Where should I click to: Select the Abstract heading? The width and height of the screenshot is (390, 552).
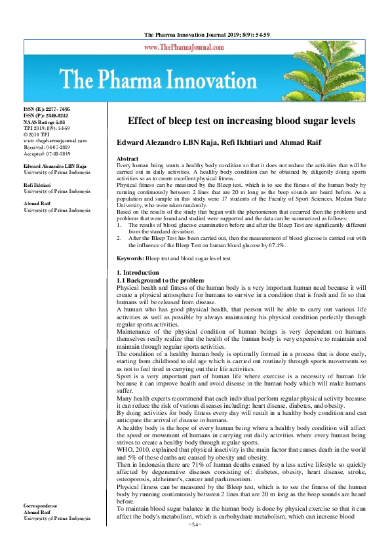(x=127, y=159)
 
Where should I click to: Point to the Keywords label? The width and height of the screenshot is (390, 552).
(x=130, y=278)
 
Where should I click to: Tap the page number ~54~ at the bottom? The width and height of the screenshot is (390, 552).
(x=195, y=524)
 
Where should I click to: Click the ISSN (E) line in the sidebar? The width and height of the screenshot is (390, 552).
(x=47, y=110)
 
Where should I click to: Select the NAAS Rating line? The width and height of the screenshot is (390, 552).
(x=45, y=122)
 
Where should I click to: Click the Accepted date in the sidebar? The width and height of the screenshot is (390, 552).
(x=47, y=152)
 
